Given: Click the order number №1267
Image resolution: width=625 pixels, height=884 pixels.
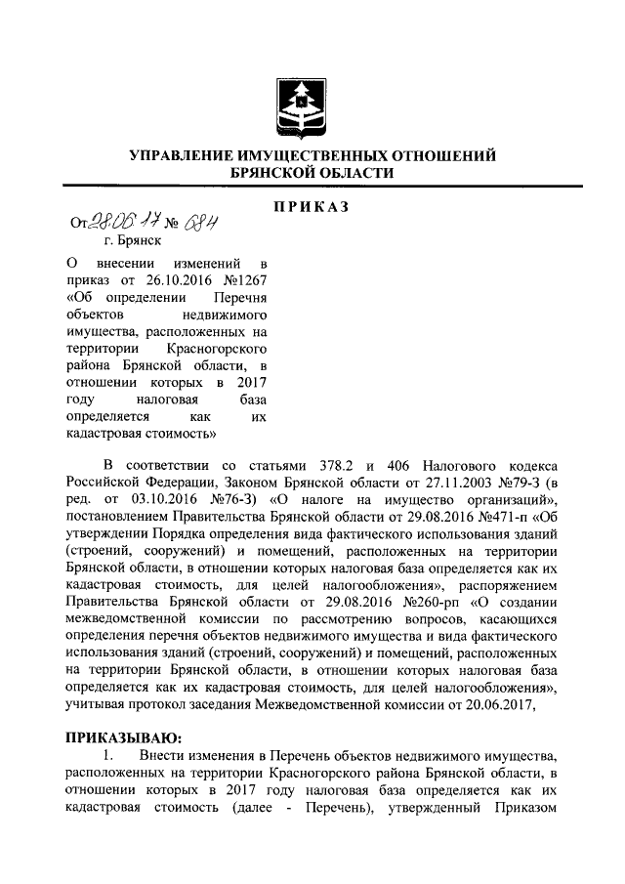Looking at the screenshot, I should pos(244,280).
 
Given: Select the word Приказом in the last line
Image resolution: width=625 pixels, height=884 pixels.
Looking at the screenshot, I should pos(522,808).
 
